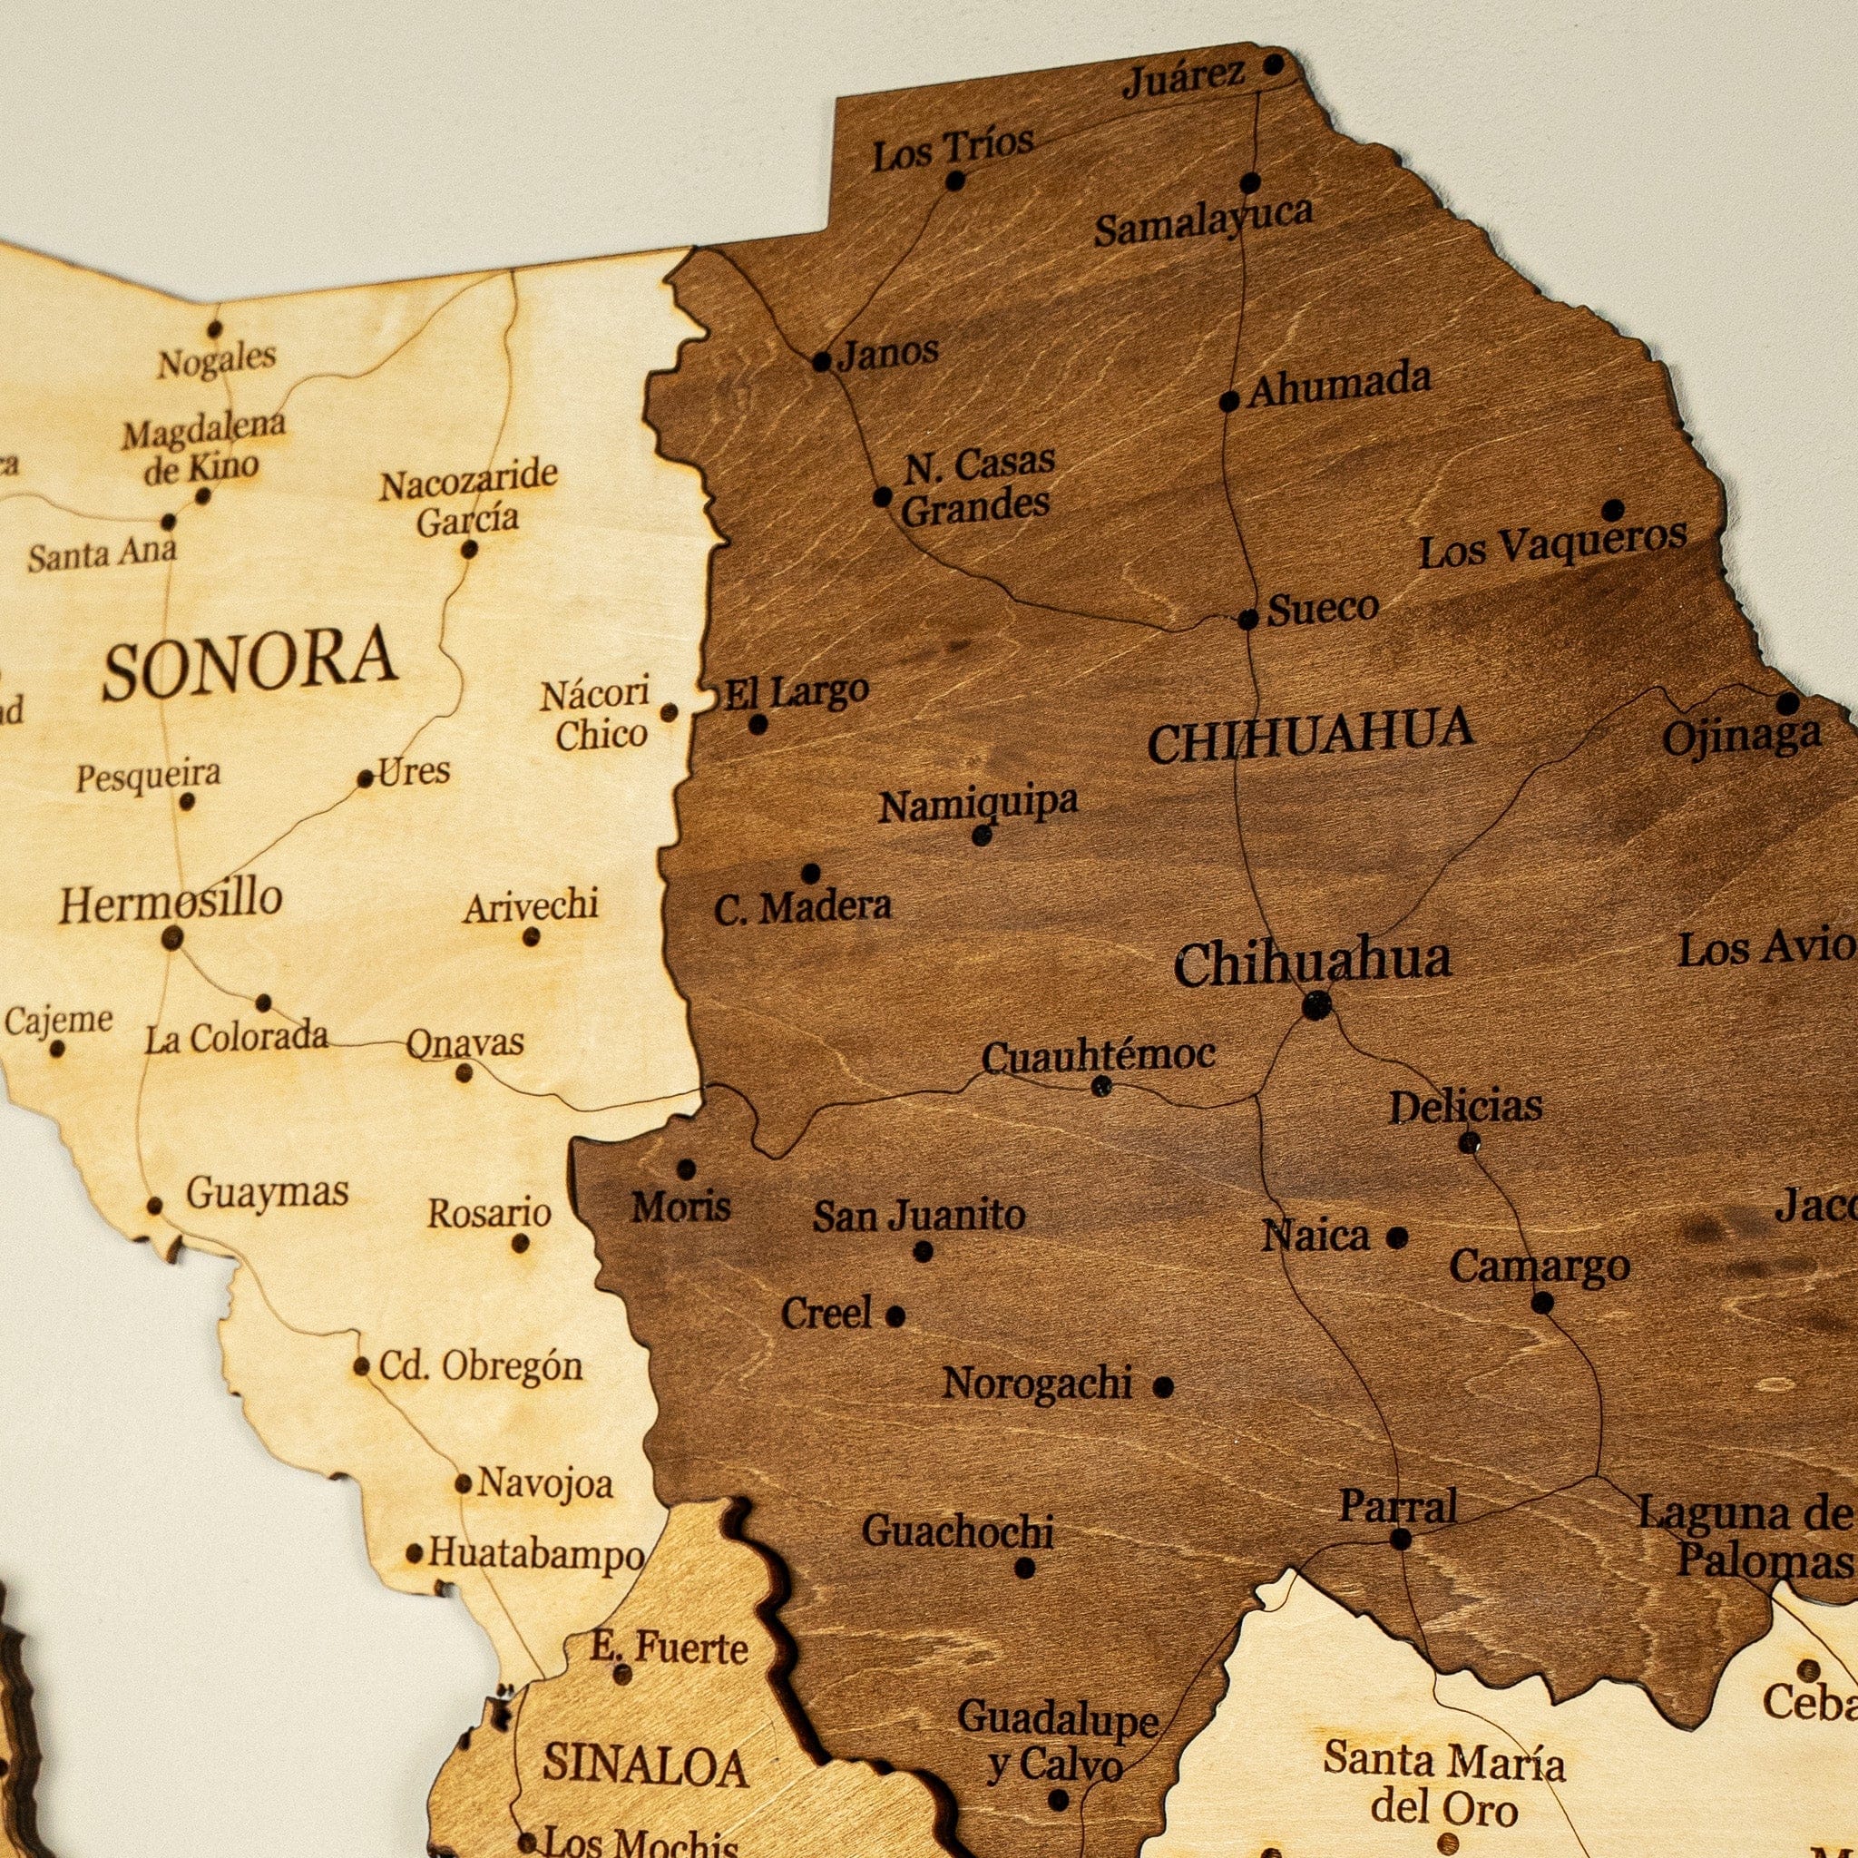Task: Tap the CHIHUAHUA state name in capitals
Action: click(1311, 734)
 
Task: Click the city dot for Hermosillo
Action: click(172, 938)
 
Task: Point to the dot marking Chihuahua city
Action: click(1315, 1007)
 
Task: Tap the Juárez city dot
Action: click(1273, 64)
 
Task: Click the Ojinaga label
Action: click(1742, 738)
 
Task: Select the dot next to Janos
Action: click(821, 363)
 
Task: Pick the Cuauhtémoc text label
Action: click(1099, 1056)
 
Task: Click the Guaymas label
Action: click(268, 1194)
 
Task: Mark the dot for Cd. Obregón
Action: click(362, 1365)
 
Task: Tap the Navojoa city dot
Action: click(463, 1484)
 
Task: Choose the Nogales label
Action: click(218, 361)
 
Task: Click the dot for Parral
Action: click(1400, 1540)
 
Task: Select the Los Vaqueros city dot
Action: click(1613, 510)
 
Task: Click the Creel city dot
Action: click(895, 1315)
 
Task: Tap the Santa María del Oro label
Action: click(1443, 1707)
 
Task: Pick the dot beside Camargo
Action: click(1541, 1303)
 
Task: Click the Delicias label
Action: click(1466, 1106)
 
